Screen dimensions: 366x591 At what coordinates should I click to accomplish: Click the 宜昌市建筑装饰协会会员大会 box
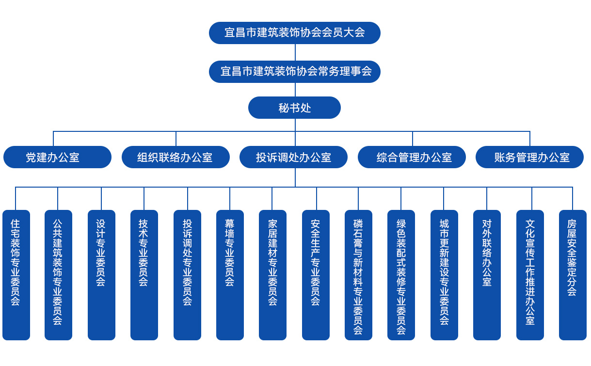[x=295, y=33]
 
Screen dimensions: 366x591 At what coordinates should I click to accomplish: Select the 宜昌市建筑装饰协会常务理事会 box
[x=295, y=72]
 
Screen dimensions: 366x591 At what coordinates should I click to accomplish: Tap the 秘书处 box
[x=295, y=108]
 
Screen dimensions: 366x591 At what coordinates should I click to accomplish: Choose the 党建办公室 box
[x=58, y=157]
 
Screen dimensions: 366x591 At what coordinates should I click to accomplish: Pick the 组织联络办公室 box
[x=176, y=157]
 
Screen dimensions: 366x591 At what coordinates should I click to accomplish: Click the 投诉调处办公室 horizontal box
[x=294, y=157]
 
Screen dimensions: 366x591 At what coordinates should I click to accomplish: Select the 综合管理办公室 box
[x=412, y=157]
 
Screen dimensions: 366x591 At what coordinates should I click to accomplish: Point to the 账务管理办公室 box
[x=530, y=157]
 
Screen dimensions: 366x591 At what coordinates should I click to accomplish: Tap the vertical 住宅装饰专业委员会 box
[x=16, y=275]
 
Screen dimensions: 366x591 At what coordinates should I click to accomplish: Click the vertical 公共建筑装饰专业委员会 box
[x=58, y=275]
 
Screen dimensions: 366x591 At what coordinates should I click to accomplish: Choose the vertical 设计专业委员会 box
[x=101, y=275]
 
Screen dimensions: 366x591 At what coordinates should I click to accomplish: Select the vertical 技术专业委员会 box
[x=144, y=275]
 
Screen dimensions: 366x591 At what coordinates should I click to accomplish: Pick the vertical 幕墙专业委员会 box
[x=230, y=275]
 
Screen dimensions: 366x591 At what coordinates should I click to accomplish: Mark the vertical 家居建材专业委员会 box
[x=272, y=275]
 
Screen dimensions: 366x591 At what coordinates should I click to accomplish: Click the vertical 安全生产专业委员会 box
[x=316, y=275]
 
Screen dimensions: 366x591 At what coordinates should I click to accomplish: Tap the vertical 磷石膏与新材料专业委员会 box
[x=358, y=275]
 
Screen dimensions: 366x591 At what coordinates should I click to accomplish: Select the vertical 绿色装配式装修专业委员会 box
[x=401, y=275]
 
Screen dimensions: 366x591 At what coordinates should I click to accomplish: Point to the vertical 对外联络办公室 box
[x=487, y=275]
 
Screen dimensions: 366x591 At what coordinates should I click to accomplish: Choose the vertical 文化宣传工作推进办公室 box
[x=530, y=275]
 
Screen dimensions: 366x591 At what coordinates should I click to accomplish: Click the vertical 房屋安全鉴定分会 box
[x=573, y=275]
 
